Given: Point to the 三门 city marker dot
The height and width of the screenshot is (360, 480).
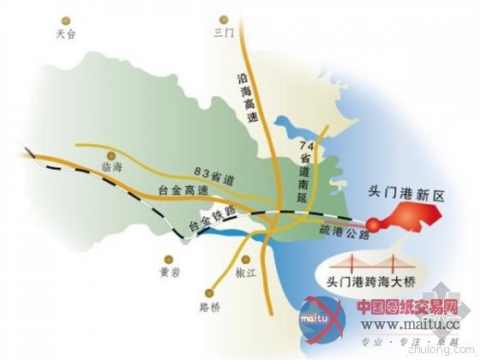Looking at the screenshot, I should pos(223,18).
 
